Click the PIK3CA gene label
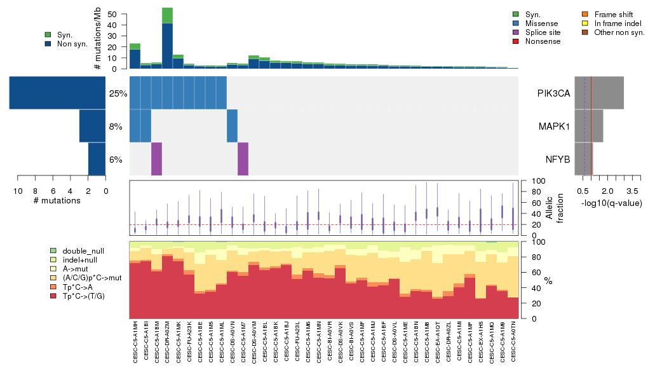click(553, 93)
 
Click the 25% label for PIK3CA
click(118, 93)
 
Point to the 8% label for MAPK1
click(116, 126)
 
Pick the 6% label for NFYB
click(116, 160)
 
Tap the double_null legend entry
click(79, 251)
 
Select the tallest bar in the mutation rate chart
click(168, 38)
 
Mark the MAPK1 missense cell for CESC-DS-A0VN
click(233, 126)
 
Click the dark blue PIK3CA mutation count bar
click(57, 93)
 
